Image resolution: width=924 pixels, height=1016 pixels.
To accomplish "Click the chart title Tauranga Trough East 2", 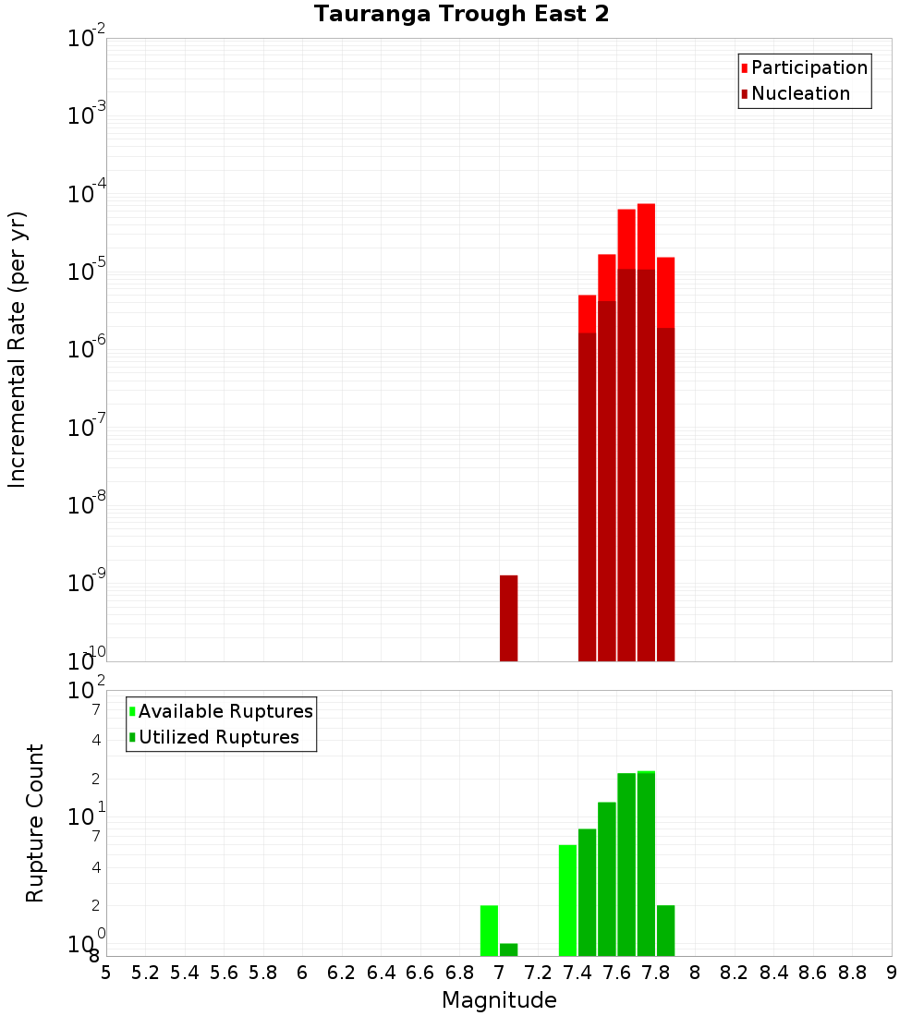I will (x=461, y=15).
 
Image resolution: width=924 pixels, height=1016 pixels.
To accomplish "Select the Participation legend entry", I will (x=809, y=68).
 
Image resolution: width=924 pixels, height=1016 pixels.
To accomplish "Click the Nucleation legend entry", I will (x=800, y=94).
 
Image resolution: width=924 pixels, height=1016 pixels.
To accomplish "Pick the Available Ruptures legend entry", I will (x=225, y=712).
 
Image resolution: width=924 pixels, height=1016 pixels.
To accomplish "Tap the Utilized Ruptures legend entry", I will (x=218, y=738).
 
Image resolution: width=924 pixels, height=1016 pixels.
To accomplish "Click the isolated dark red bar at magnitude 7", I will (x=508, y=618).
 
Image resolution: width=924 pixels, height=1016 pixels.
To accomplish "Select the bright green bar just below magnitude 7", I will (x=489, y=930).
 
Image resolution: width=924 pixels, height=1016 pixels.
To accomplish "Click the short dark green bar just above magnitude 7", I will (x=508, y=949).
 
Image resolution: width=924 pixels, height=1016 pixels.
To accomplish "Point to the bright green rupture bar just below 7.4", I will (x=567, y=901).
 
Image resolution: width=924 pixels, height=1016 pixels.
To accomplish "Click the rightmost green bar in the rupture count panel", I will (x=665, y=930).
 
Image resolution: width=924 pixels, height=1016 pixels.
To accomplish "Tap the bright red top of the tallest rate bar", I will (x=646, y=236).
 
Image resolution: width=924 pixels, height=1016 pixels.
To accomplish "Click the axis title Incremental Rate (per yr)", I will (x=18, y=349).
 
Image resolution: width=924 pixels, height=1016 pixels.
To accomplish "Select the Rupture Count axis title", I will (x=35, y=823).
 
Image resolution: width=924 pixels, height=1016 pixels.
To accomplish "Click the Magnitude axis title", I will (x=499, y=1000).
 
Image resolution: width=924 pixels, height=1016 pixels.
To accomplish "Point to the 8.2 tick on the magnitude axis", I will (x=735, y=973).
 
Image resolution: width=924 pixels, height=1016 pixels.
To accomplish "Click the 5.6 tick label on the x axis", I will (x=225, y=973).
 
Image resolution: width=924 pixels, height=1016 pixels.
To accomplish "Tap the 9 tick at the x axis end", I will (x=892, y=973).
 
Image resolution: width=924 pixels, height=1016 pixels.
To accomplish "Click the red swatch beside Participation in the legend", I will (x=745, y=68).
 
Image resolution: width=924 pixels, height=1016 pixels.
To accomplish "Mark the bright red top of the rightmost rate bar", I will (x=665, y=292).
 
